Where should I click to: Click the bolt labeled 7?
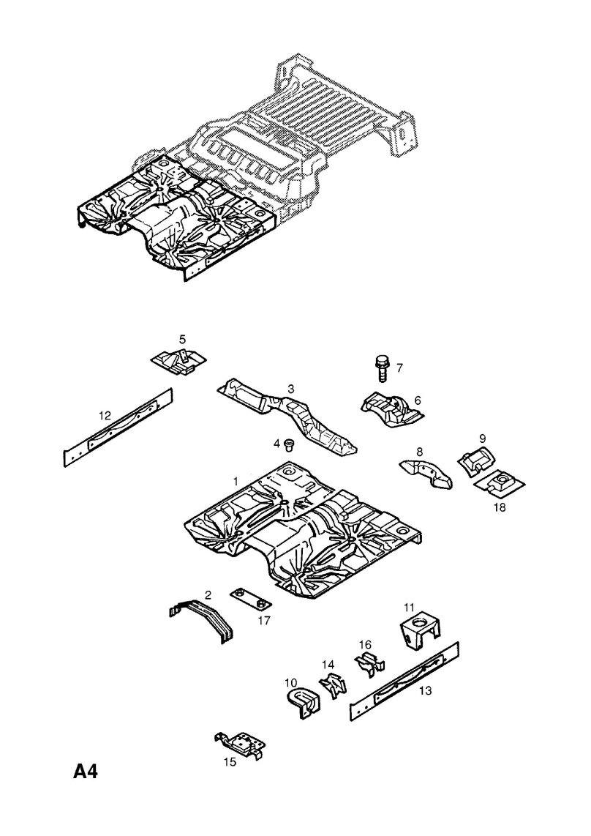click(x=382, y=368)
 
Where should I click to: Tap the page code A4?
click(x=86, y=772)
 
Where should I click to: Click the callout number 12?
click(x=105, y=415)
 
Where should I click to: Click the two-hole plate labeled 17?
click(x=250, y=598)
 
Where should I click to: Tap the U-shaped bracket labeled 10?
click(x=302, y=702)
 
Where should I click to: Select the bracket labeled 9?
click(x=476, y=458)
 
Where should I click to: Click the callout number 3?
click(x=290, y=389)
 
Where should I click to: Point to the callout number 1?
click(x=236, y=481)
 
